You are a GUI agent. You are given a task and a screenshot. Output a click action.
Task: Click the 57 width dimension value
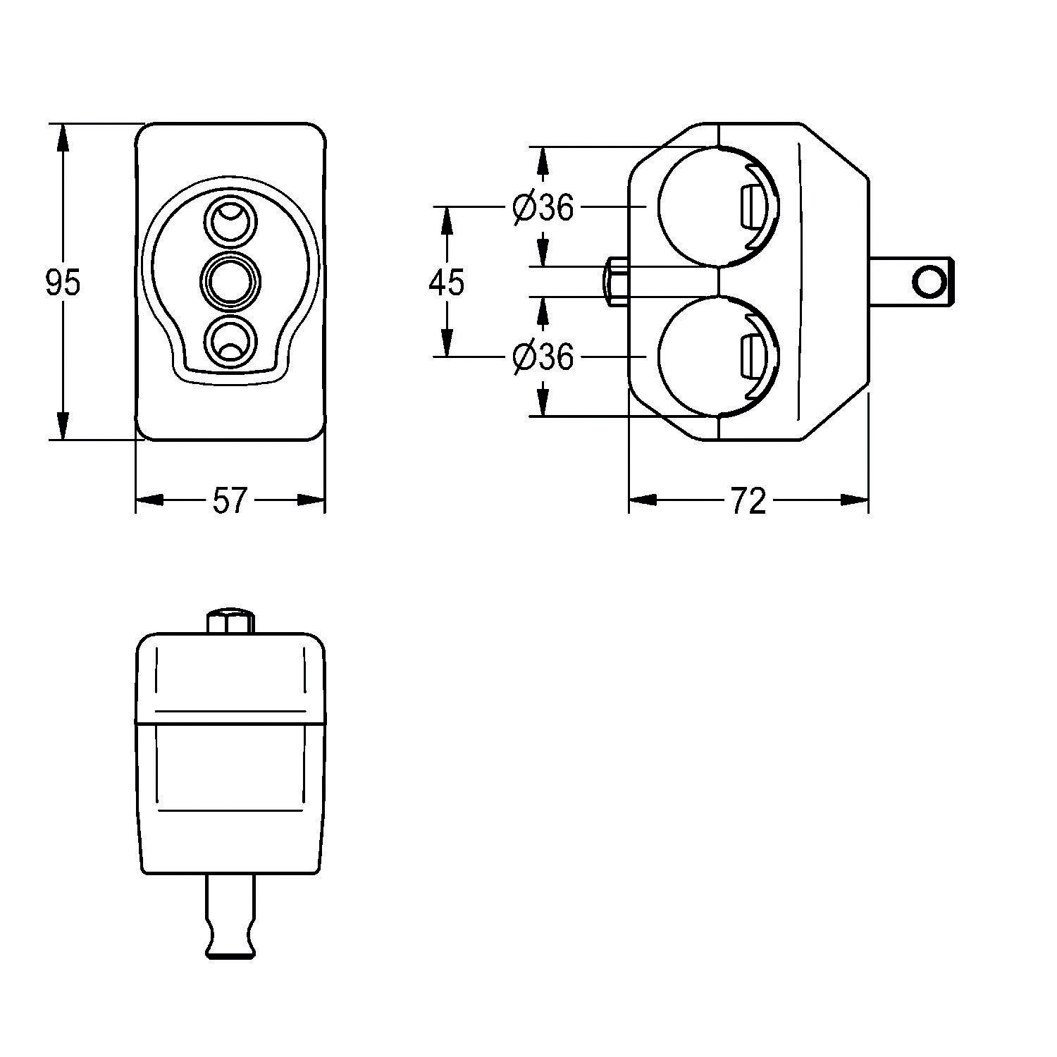pyautogui.click(x=230, y=501)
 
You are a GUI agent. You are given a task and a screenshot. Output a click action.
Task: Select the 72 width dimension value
pyautogui.click(x=748, y=501)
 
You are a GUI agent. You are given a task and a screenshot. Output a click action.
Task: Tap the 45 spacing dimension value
pyautogui.click(x=447, y=283)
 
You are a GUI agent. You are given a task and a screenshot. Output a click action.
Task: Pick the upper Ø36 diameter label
pyautogui.click(x=543, y=207)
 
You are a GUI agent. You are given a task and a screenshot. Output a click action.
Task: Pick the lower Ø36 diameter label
pyautogui.click(x=543, y=357)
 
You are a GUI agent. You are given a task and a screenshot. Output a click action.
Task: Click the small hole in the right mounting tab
pyautogui.click(x=928, y=282)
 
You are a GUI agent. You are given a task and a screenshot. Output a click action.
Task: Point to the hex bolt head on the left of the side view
pyautogui.click(x=615, y=282)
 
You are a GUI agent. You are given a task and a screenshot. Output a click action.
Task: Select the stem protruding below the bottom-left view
pyautogui.click(x=230, y=916)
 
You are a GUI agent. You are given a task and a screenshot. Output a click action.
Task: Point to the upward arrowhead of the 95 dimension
pyautogui.click(x=63, y=137)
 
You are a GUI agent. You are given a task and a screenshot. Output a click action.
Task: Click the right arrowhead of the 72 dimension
pyautogui.click(x=855, y=500)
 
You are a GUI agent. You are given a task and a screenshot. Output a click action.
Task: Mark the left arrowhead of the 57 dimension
pyautogui.click(x=149, y=500)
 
